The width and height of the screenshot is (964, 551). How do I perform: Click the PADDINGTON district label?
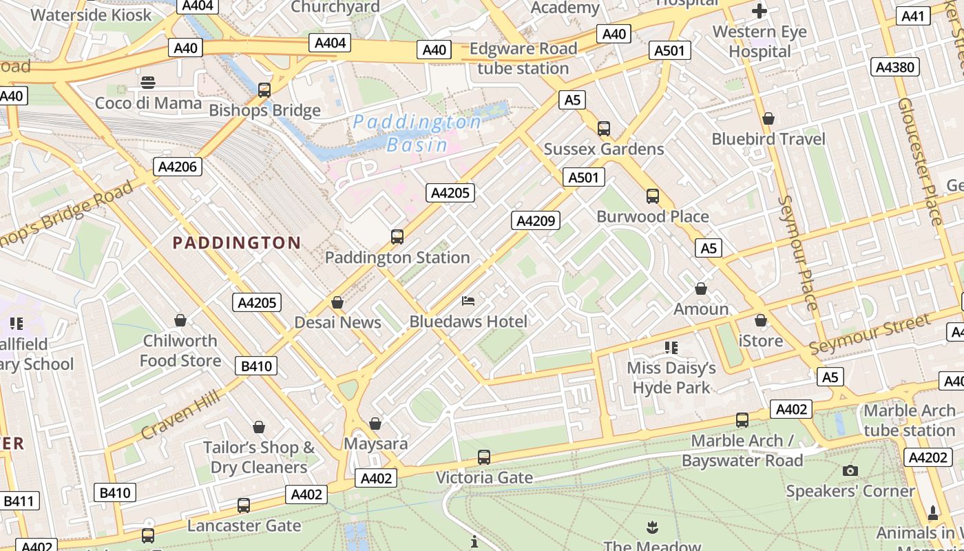point(236,242)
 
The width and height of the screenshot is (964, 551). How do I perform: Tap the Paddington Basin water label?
point(417,133)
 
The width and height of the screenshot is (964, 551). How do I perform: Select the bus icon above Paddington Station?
point(397,236)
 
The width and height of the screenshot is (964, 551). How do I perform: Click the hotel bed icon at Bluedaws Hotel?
point(468,300)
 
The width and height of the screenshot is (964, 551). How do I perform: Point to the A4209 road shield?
point(535,220)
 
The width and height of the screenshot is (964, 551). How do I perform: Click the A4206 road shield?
point(177,166)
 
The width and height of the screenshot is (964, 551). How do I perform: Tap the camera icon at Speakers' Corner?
point(850,470)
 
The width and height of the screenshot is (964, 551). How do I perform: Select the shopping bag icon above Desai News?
point(337,302)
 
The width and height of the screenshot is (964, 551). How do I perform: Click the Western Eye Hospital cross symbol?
point(759,10)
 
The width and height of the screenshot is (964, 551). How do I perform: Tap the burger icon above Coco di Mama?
point(148,83)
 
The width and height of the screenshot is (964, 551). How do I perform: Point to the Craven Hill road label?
point(180,414)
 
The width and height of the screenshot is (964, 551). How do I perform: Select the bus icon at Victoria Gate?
point(484,457)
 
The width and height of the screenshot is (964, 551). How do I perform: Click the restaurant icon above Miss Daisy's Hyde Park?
point(671,347)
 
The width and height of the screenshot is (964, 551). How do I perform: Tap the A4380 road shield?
point(895,67)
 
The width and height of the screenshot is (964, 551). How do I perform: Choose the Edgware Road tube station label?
point(523,59)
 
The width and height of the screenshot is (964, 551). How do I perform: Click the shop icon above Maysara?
point(375,423)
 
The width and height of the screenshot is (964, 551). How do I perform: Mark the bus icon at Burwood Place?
point(653,196)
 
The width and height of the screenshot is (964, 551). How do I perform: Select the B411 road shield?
point(19,501)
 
